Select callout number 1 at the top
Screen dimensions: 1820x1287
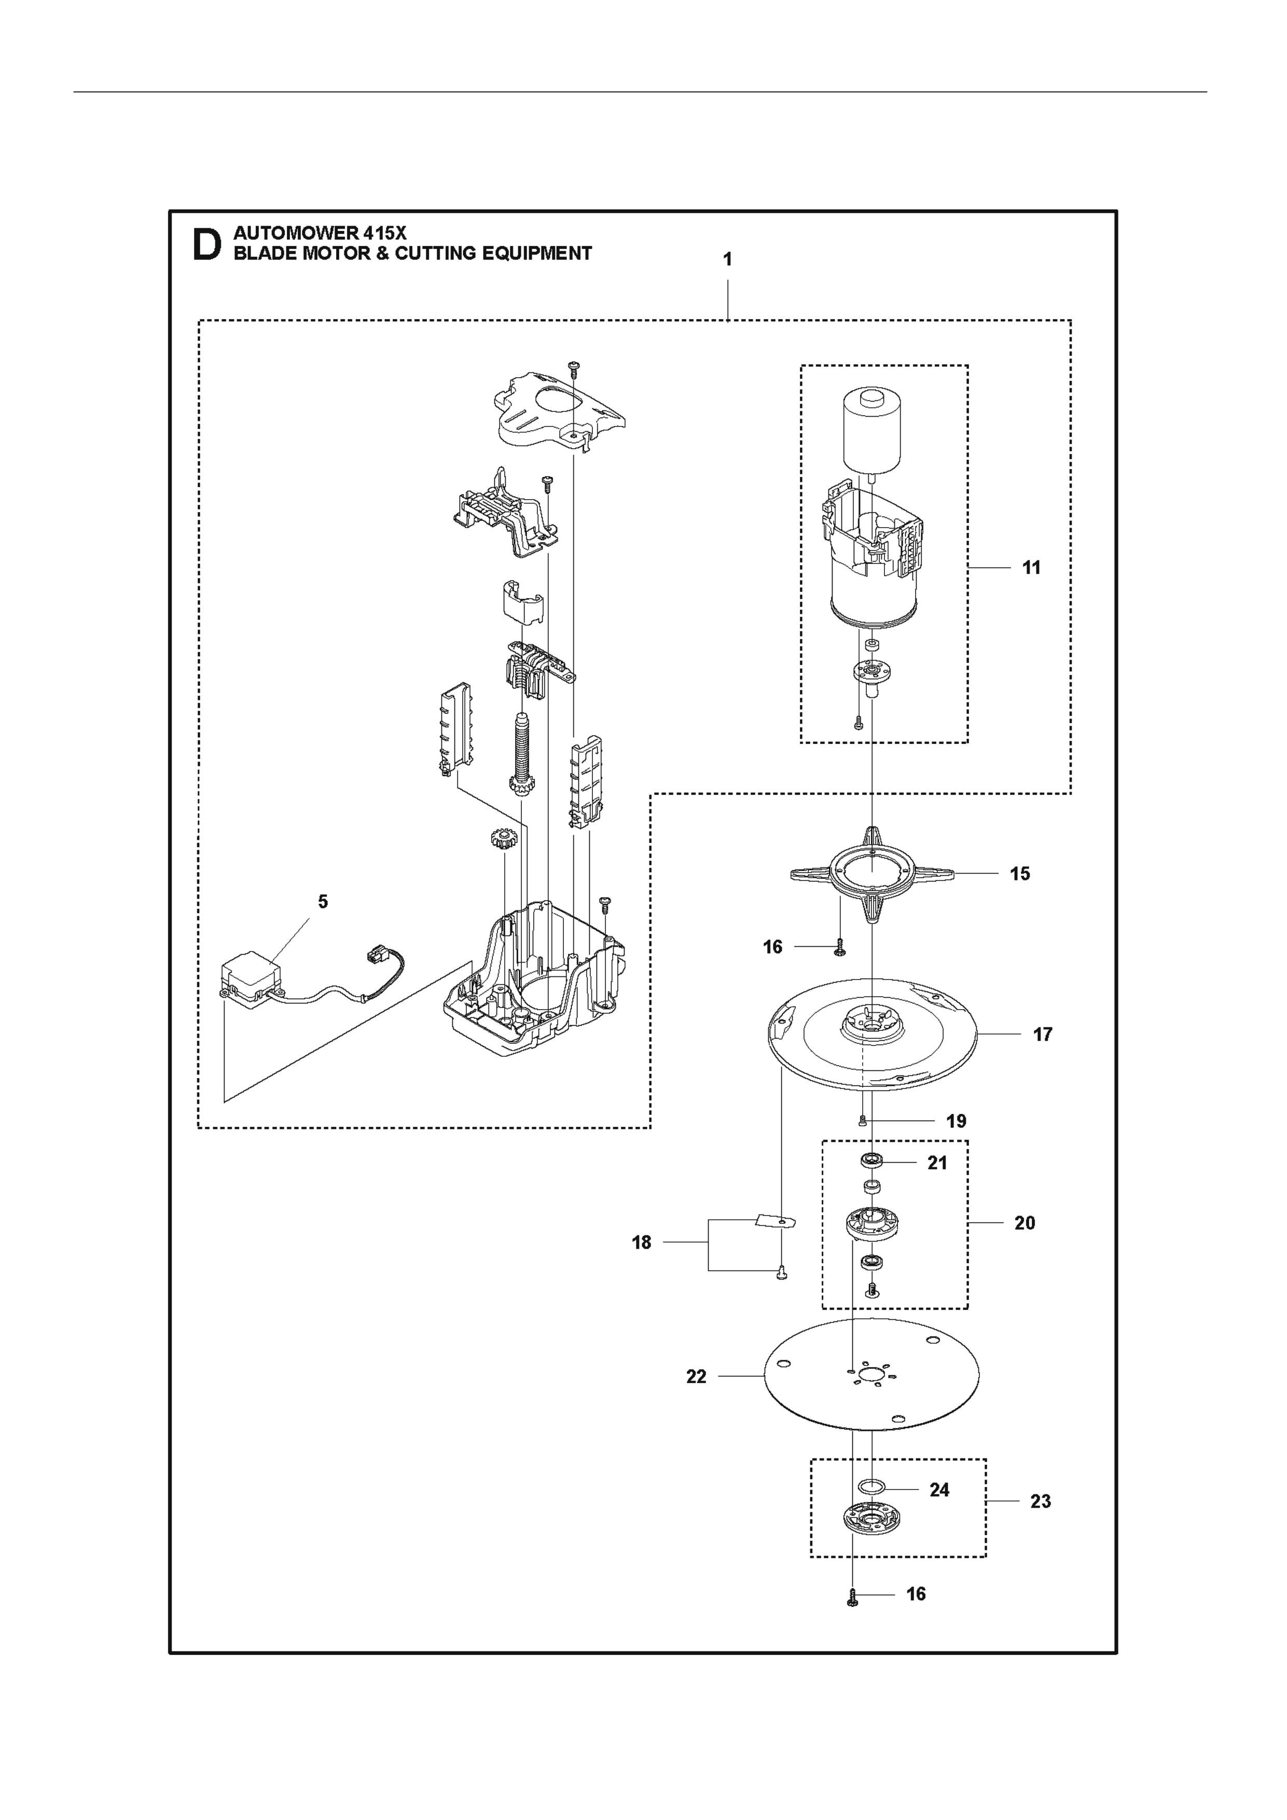tap(727, 259)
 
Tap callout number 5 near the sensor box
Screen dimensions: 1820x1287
tap(323, 901)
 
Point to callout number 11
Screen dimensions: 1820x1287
tap(1031, 568)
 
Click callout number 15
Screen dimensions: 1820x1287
tap(1020, 874)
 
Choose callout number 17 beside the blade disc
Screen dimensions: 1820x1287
tap(1042, 1035)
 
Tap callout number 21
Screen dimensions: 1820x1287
tap(937, 1163)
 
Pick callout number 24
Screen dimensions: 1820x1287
tap(939, 1490)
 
